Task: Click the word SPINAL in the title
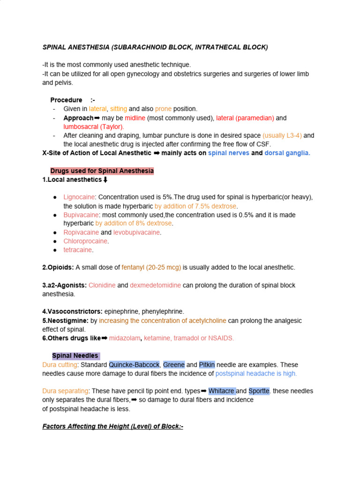click(54, 47)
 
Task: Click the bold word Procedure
click(66, 100)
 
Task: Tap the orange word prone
click(164, 109)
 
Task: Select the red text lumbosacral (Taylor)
click(94, 127)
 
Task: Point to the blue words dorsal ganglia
click(287, 153)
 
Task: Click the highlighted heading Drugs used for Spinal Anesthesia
click(102, 171)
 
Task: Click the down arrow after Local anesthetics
click(105, 180)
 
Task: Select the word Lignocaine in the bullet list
click(79, 197)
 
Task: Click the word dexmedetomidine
click(155, 285)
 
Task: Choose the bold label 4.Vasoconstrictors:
click(71, 311)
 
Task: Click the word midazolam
click(125, 338)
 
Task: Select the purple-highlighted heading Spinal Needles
click(75, 356)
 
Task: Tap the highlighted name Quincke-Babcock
click(134, 365)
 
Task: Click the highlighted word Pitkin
click(207, 365)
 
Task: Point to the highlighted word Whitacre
click(221, 391)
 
